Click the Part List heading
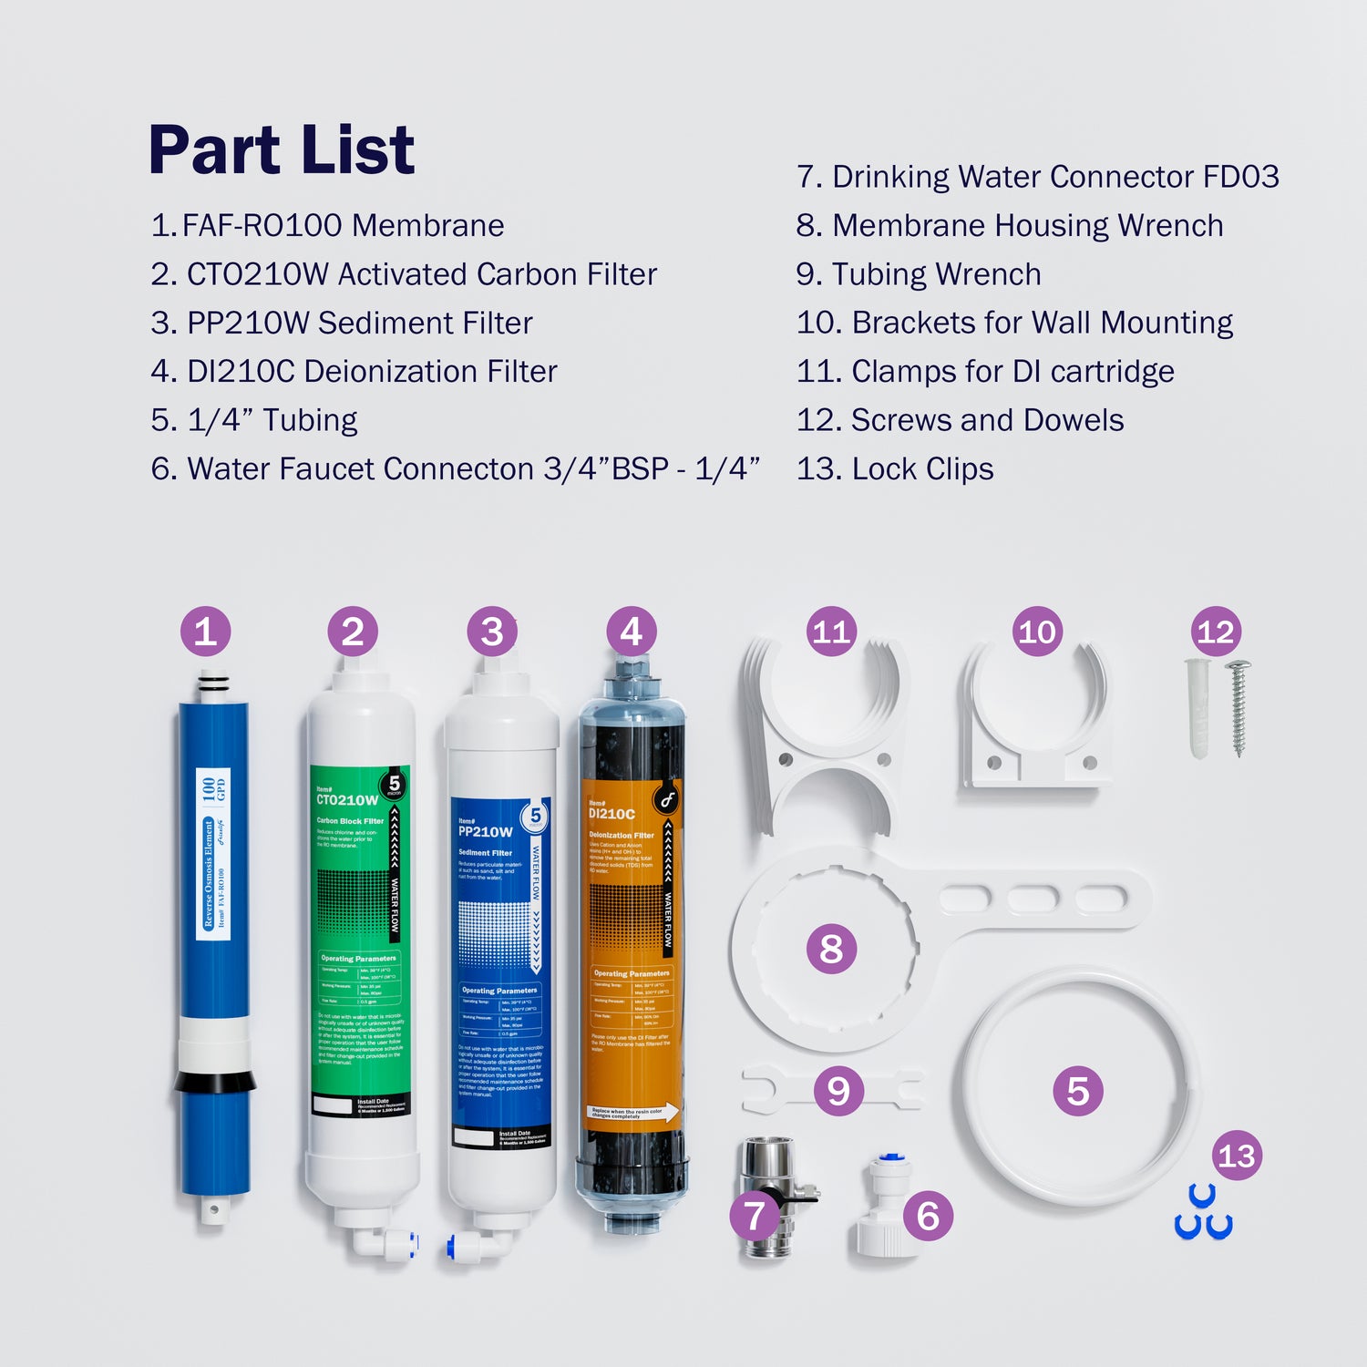tap(281, 150)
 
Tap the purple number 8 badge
tap(831, 948)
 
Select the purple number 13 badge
tap(1237, 1156)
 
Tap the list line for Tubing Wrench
tap(919, 274)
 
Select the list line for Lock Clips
tap(895, 469)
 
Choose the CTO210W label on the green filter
tap(346, 800)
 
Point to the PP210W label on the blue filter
tap(485, 831)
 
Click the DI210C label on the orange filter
tap(612, 813)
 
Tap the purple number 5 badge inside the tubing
tap(1078, 1091)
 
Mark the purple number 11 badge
tap(831, 632)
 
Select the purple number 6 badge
tap(928, 1215)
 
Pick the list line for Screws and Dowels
tap(960, 420)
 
